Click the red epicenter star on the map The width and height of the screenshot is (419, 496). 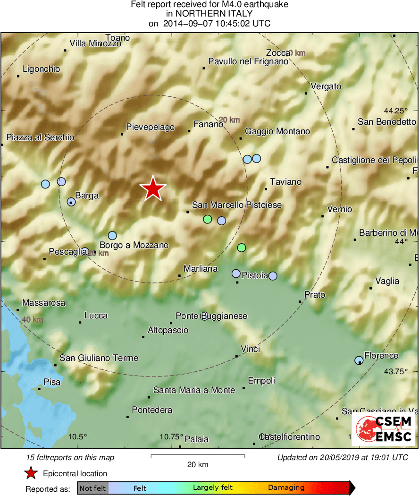(x=153, y=188)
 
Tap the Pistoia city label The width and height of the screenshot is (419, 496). (x=255, y=275)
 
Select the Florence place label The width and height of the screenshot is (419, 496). (x=381, y=356)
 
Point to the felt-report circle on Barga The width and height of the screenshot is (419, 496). (x=71, y=202)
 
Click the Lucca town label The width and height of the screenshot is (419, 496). (x=96, y=316)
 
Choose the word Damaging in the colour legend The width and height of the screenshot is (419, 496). (x=286, y=487)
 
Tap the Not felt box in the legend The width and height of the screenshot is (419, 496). (x=92, y=488)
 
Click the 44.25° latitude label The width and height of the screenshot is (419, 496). (x=395, y=111)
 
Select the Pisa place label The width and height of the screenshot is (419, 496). (x=52, y=382)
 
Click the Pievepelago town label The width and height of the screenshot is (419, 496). (x=151, y=127)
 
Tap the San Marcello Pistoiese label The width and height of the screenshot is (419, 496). (x=237, y=205)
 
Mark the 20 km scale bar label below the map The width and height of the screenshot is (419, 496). (x=198, y=464)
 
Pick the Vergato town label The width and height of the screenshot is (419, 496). (x=326, y=86)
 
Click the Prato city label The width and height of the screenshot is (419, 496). (x=315, y=295)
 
